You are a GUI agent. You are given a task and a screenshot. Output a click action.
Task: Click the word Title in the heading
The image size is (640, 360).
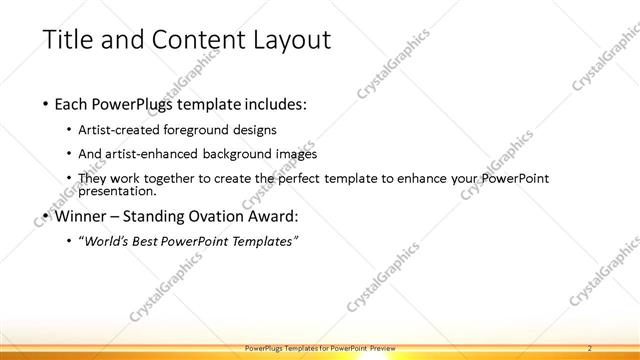(71, 40)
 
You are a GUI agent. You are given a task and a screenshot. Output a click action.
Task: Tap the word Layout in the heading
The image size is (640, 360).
(291, 40)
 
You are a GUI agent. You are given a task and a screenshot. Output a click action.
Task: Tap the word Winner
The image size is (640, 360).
(79, 214)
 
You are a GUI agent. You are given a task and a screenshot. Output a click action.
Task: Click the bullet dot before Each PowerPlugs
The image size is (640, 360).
(44, 104)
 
